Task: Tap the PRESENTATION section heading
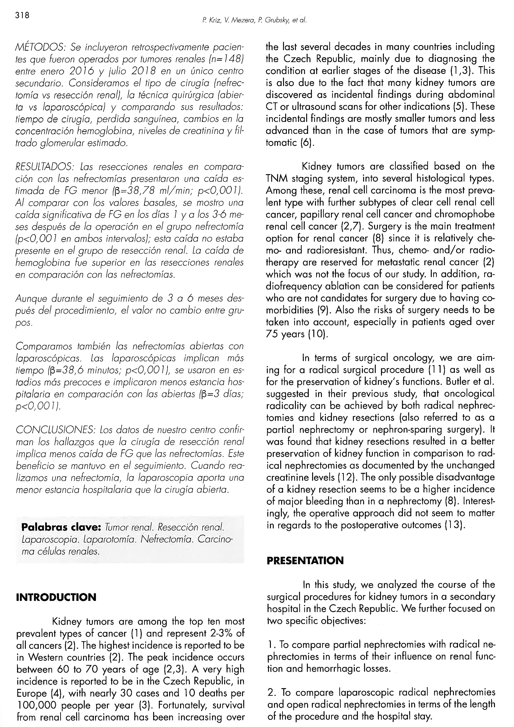(305, 561)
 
